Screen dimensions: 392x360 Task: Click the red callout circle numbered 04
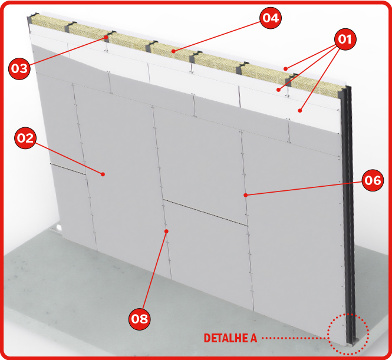pyautogui.click(x=271, y=18)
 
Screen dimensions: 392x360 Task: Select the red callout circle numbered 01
pyautogui.click(x=345, y=39)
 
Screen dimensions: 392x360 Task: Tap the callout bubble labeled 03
pyautogui.click(x=19, y=68)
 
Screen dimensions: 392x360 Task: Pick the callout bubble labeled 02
pyautogui.click(x=25, y=138)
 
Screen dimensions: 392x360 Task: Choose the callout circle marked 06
pyautogui.click(x=373, y=180)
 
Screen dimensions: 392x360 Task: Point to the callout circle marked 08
pyautogui.click(x=140, y=319)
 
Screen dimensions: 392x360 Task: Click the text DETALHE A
pyautogui.click(x=230, y=338)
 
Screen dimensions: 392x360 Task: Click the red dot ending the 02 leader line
pyautogui.click(x=103, y=174)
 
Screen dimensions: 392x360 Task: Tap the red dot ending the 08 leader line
pyautogui.click(x=166, y=232)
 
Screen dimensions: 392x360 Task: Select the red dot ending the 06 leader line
pyautogui.click(x=246, y=195)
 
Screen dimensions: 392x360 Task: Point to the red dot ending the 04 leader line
pyautogui.click(x=173, y=51)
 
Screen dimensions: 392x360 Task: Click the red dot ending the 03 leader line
pyautogui.click(x=106, y=37)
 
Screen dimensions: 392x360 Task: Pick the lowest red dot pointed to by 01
pyautogui.click(x=300, y=110)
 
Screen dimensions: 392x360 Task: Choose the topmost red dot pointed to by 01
pyautogui.click(x=285, y=68)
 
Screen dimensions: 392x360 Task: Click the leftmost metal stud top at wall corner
pyautogui.click(x=32, y=18)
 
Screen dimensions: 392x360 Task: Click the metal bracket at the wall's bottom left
pyautogui.click(x=56, y=229)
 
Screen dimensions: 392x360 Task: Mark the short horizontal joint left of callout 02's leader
pyautogui.click(x=68, y=169)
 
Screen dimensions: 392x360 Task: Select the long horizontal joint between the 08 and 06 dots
pyautogui.click(x=205, y=213)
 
